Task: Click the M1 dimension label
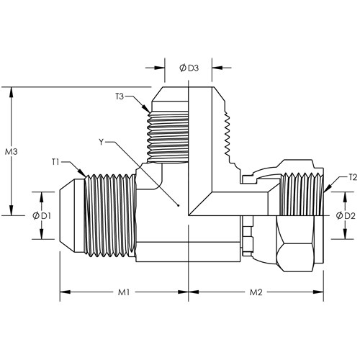click(x=124, y=292)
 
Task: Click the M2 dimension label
click(x=256, y=292)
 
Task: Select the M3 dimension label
click(x=12, y=152)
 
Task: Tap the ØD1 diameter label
click(x=42, y=216)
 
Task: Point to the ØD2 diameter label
click(x=346, y=216)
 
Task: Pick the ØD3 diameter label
click(x=189, y=68)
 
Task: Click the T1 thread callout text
click(x=55, y=162)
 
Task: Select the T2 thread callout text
click(x=353, y=178)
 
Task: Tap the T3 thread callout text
click(x=120, y=96)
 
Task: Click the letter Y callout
click(x=102, y=142)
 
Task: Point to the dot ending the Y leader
click(x=178, y=205)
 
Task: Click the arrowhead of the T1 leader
click(x=81, y=173)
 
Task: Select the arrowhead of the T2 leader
click(x=328, y=189)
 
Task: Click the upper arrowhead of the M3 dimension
click(x=11, y=92)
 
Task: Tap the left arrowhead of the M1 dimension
click(x=65, y=292)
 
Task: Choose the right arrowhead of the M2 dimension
click(x=318, y=292)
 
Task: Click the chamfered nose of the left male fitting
click(x=67, y=216)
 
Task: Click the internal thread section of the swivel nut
click(x=302, y=194)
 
